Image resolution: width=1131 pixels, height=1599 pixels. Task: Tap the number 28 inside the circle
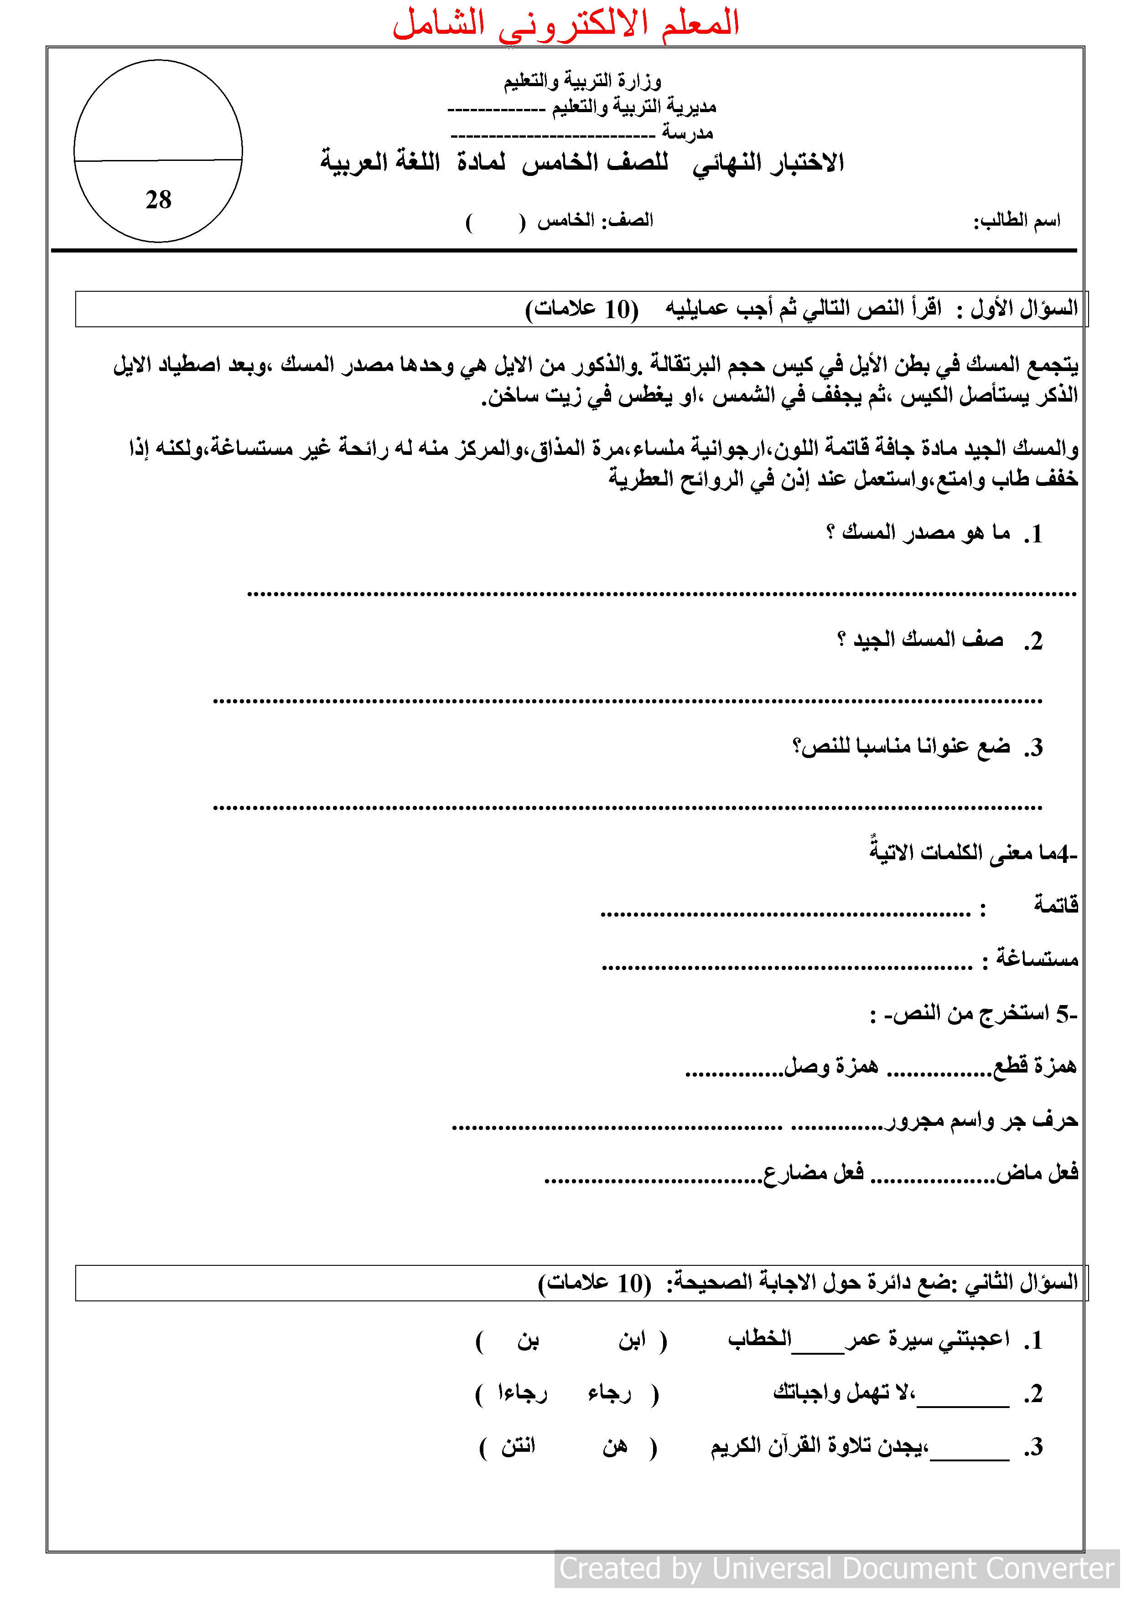(158, 200)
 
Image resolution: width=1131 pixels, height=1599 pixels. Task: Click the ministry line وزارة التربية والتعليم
(582, 82)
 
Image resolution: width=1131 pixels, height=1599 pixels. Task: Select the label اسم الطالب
(1017, 221)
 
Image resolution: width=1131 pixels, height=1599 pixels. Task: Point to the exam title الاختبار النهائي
(768, 162)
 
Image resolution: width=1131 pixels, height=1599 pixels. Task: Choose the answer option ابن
(632, 1340)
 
